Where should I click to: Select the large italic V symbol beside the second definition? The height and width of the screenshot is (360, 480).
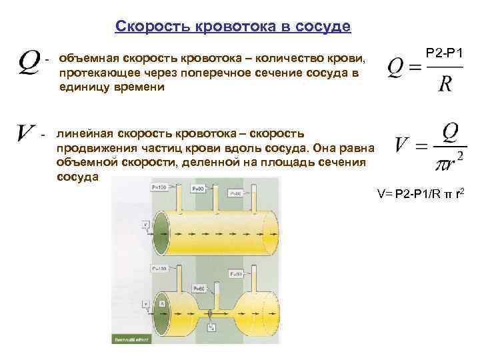point(26,133)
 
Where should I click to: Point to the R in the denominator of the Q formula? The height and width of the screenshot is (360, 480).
point(445,85)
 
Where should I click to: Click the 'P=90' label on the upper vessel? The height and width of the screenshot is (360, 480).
point(199,189)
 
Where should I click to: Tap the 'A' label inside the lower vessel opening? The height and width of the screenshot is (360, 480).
point(161,302)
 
